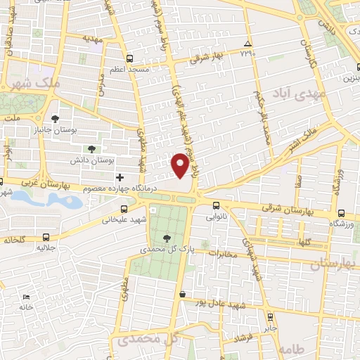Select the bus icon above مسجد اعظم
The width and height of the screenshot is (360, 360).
click(129, 59)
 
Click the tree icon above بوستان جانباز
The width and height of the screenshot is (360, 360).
click(56, 117)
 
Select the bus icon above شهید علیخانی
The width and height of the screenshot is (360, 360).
click(124, 208)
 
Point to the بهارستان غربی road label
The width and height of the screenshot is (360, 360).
click(28, 181)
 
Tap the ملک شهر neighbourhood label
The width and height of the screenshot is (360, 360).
click(22, 83)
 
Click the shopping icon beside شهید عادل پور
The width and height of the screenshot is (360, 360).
click(183, 294)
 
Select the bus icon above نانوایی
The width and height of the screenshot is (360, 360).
click(215, 206)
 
